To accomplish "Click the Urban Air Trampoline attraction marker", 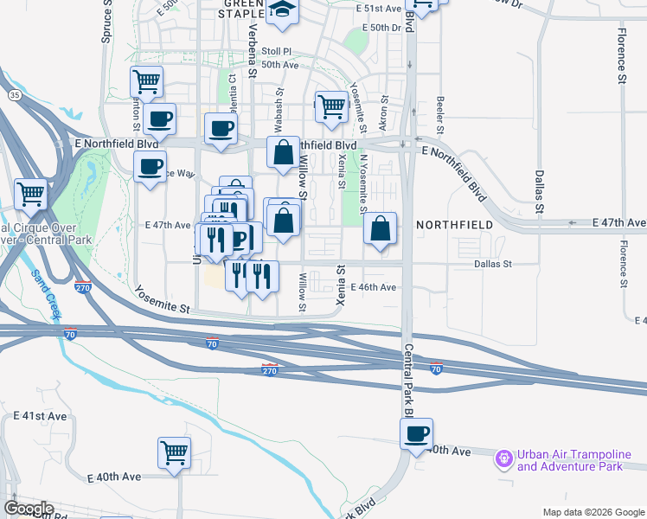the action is pyautogui.click(x=504, y=459).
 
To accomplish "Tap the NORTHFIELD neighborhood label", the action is pyautogui.click(x=454, y=225).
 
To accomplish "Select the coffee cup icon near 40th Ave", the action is pyautogui.click(x=417, y=434).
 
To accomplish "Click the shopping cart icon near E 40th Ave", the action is pyautogui.click(x=174, y=452).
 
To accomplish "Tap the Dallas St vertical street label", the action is pyautogui.click(x=539, y=191).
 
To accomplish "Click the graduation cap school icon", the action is pyautogui.click(x=282, y=10).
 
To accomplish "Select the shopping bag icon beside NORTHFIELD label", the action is pyautogui.click(x=380, y=229).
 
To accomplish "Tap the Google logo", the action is pyautogui.click(x=28, y=509).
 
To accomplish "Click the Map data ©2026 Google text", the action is pyautogui.click(x=593, y=512).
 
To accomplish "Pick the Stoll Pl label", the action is pyautogui.click(x=278, y=51).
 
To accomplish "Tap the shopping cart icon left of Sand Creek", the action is pyautogui.click(x=30, y=194).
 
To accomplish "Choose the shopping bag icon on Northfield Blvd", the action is pyautogui.click(x=283, y=154).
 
